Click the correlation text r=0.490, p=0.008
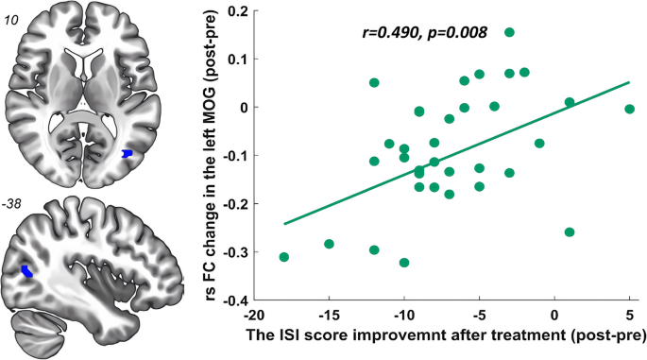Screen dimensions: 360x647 point(423,32)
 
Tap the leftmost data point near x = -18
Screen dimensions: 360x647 point(284,257)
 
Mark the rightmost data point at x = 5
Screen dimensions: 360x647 point(630,110)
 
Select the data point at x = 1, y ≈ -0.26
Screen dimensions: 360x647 point(570,232)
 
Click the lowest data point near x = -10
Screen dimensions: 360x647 point(404,263)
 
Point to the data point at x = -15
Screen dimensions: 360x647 point(329,244)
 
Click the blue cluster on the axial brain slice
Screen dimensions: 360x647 point(129,152)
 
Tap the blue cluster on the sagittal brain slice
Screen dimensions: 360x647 point(28,271)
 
